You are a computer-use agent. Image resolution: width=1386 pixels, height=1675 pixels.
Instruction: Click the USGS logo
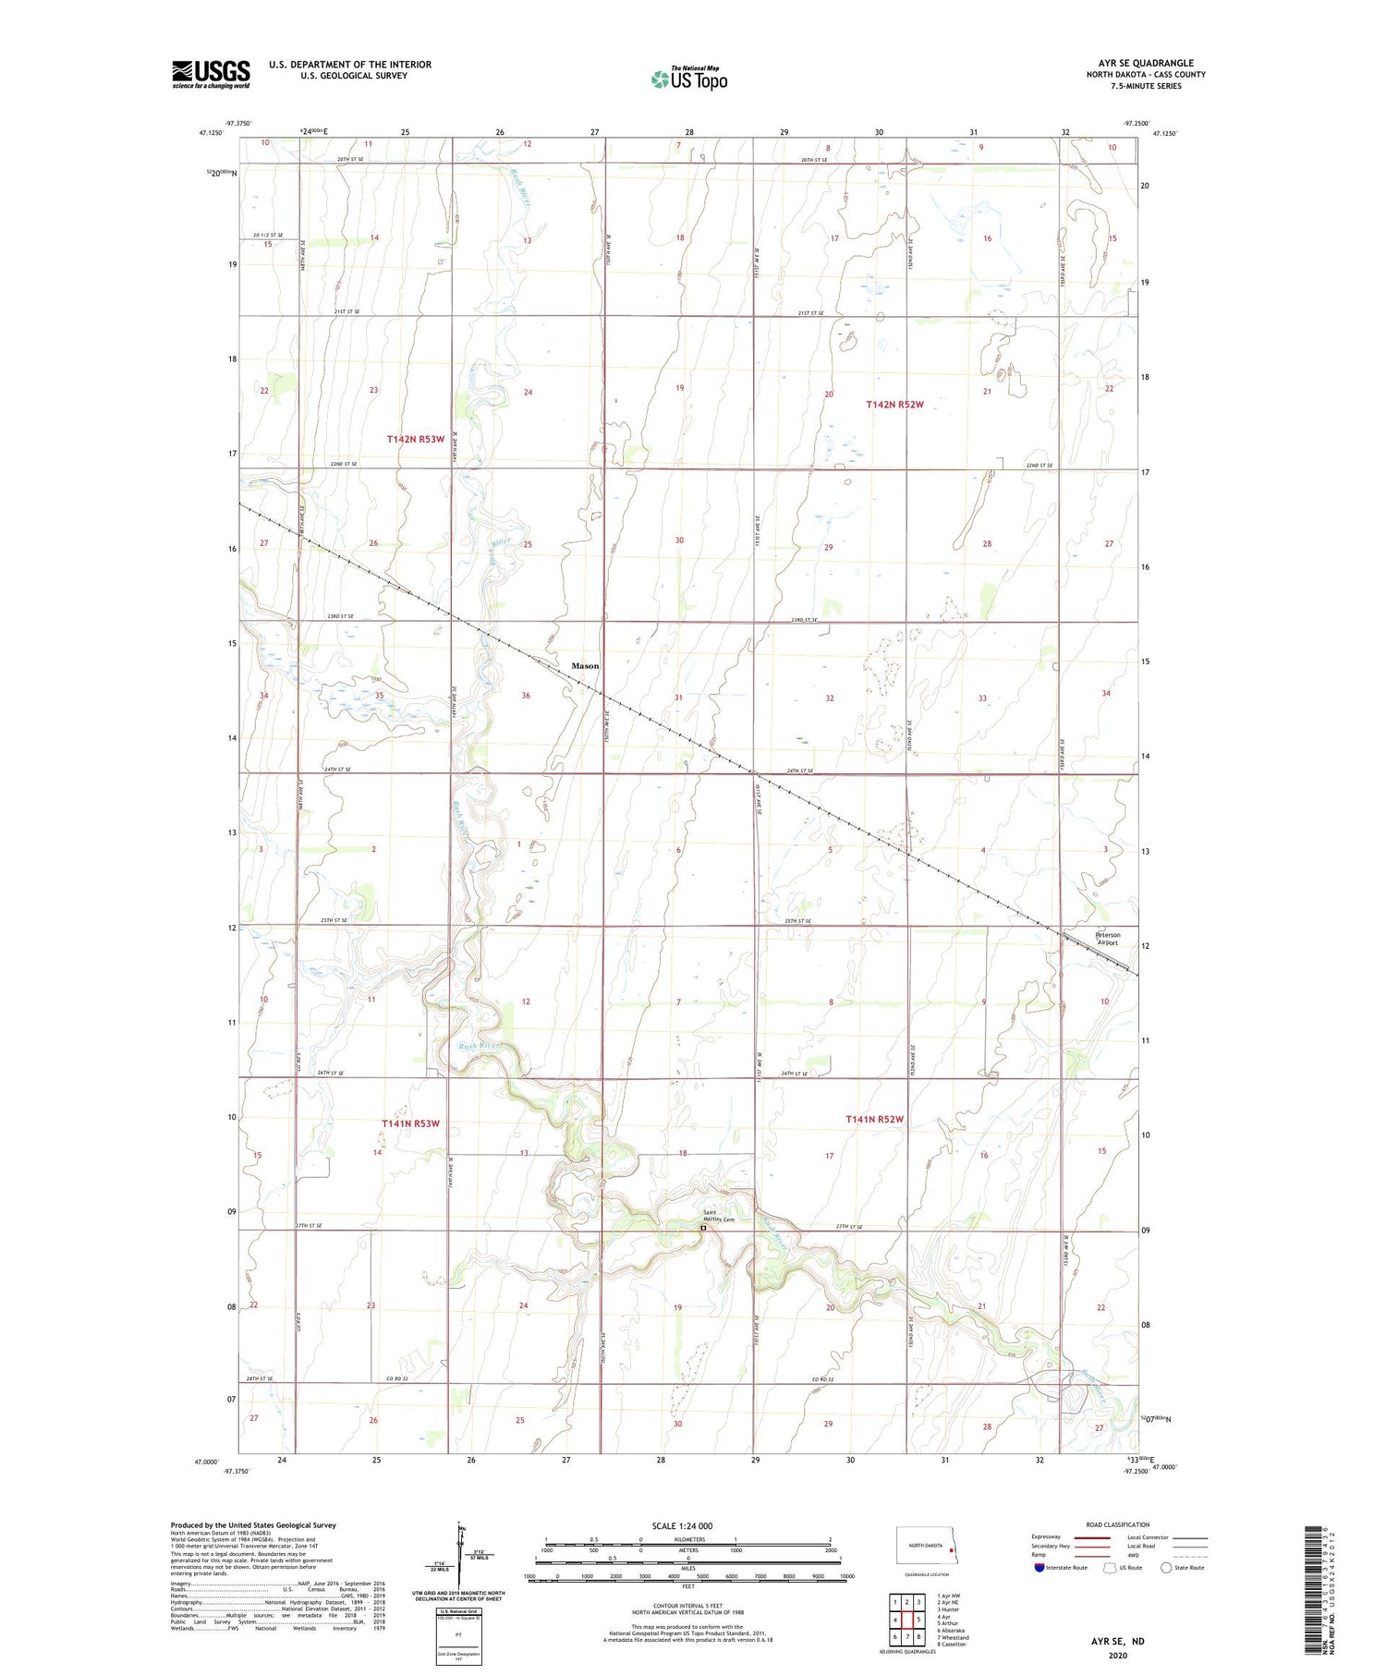click(211, 74)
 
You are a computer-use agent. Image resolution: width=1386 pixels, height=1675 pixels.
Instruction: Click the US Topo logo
click(688, 79)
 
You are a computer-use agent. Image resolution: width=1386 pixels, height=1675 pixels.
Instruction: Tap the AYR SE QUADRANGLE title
click(1146, 63)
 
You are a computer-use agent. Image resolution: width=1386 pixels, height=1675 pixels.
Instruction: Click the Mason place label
click(585, 665)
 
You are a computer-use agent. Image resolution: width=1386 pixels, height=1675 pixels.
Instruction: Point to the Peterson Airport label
click(1107, 939)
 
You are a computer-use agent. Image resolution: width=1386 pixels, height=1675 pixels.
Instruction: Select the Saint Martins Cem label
click(718, 1216)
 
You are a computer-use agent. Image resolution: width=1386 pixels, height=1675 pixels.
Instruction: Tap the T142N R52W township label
click(894, 405)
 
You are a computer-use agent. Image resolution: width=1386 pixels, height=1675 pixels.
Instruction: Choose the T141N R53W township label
click(410, 1123)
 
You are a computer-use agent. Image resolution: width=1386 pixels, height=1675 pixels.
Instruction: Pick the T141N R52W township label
click(874, 1119)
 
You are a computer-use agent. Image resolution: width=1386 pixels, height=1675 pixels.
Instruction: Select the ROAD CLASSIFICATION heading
click(1118, 1524)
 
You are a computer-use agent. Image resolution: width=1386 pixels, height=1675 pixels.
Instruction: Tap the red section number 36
click(526, 696)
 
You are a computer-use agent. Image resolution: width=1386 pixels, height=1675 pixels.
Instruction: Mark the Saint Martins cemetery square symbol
click(703, 1229)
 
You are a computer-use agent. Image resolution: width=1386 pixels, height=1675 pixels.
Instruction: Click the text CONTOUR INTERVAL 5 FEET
click(687, 1606)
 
